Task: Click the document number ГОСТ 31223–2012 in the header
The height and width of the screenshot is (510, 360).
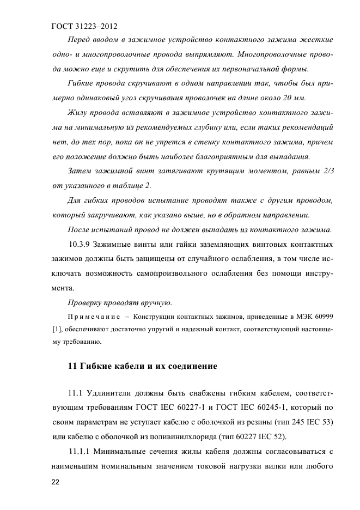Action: [84, 26]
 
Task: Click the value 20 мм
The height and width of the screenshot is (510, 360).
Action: [296, 98]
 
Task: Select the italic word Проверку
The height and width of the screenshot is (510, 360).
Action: [86, 302]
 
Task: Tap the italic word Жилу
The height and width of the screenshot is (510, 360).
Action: [78, 113]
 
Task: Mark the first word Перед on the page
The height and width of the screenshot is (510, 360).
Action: [80, 40]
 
